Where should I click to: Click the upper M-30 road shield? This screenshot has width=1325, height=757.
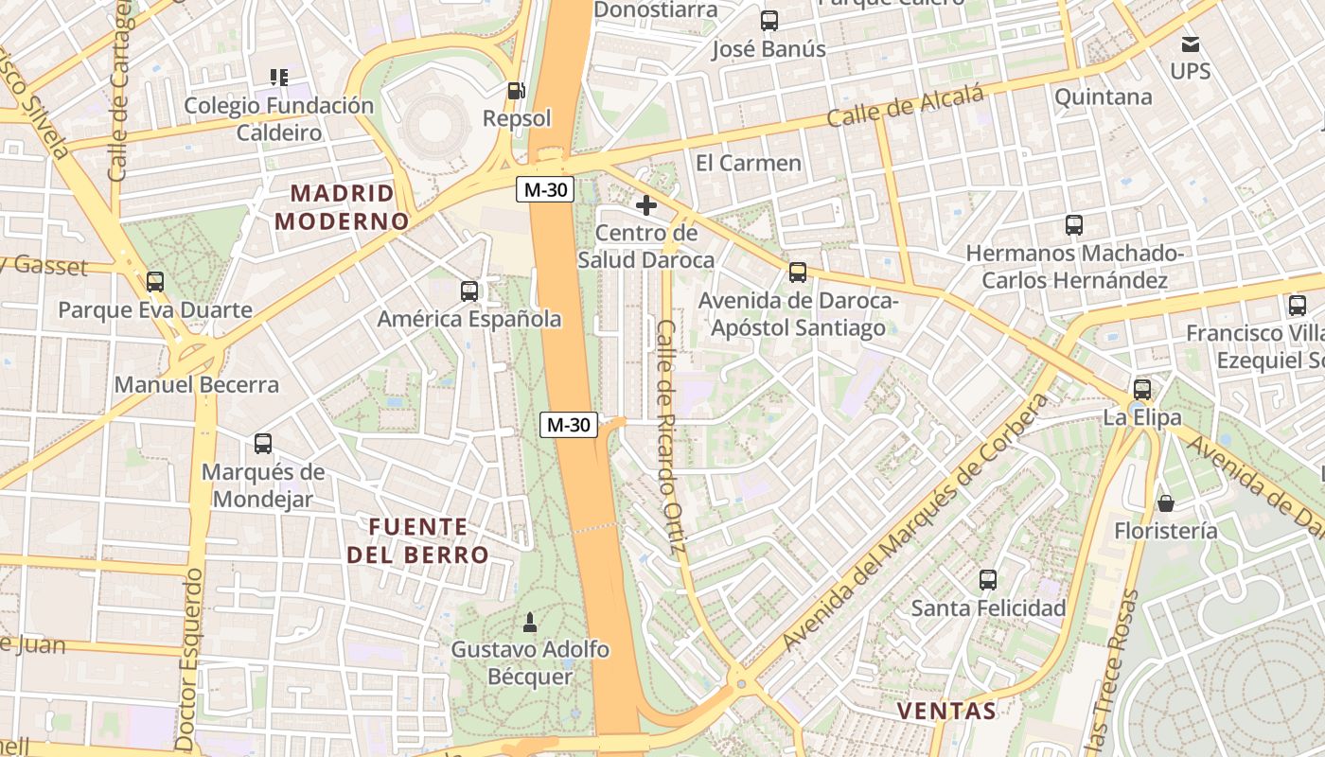(546, 189)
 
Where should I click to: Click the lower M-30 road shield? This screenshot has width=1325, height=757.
(569, 425)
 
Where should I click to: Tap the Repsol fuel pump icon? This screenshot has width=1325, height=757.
(516, 91)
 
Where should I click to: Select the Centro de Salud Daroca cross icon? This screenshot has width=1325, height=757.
(646, 205)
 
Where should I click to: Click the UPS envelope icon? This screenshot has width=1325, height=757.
(1191, 44)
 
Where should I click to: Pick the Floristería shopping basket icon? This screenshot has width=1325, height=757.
(1166, 503)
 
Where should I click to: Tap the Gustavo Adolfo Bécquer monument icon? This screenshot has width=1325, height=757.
(530, 623)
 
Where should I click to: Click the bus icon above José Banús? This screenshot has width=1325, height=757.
(769, 21)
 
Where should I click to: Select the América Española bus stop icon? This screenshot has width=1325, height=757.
(469, 291)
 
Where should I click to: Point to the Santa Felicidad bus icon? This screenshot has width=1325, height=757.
(988, 580)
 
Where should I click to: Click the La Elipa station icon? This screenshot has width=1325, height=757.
(1142, 390)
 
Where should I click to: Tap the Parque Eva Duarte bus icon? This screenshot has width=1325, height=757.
(155, 282)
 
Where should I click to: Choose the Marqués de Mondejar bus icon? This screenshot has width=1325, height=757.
(263, 444)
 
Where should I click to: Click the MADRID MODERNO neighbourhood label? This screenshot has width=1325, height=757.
(342, 207)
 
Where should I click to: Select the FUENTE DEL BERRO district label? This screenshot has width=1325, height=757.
(417, 540)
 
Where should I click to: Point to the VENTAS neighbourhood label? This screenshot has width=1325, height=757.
(946, 711)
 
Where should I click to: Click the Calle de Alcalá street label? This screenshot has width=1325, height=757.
(906, 105)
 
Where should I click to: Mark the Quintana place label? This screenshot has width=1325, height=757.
(1103, 97)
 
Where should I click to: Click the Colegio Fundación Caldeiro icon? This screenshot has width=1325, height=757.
(278, 77)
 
